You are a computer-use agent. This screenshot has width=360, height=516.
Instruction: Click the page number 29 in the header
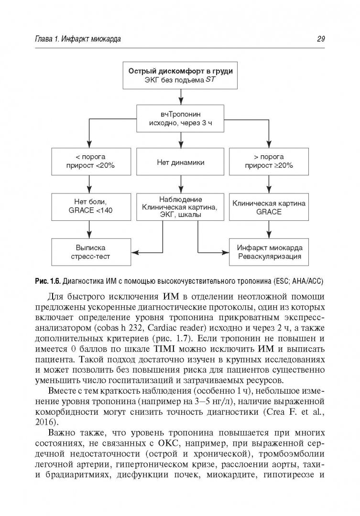[x=321, y=40]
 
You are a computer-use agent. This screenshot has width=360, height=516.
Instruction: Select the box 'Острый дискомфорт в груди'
[x=180, y=75]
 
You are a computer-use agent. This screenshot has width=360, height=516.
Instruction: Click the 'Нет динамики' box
[x=180, y=162]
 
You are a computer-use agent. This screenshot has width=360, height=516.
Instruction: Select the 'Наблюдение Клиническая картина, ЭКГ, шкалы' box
[x=180, y=206]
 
